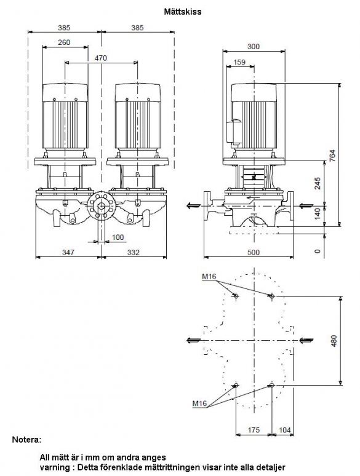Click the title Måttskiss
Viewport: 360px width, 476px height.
coord(183,12)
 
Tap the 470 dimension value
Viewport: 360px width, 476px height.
coord(100,58)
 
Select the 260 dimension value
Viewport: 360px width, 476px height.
coord(64,42)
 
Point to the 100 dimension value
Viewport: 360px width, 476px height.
coord(118,237)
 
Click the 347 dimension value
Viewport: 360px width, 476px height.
coord(68,252)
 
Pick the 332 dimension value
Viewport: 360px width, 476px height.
coord(134,252)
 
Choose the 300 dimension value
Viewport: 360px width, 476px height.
coord(254,47)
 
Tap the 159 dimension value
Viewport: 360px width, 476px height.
coord(239,62)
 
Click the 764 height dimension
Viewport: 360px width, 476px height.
coord(333,156)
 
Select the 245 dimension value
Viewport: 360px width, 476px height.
coord(318,183)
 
